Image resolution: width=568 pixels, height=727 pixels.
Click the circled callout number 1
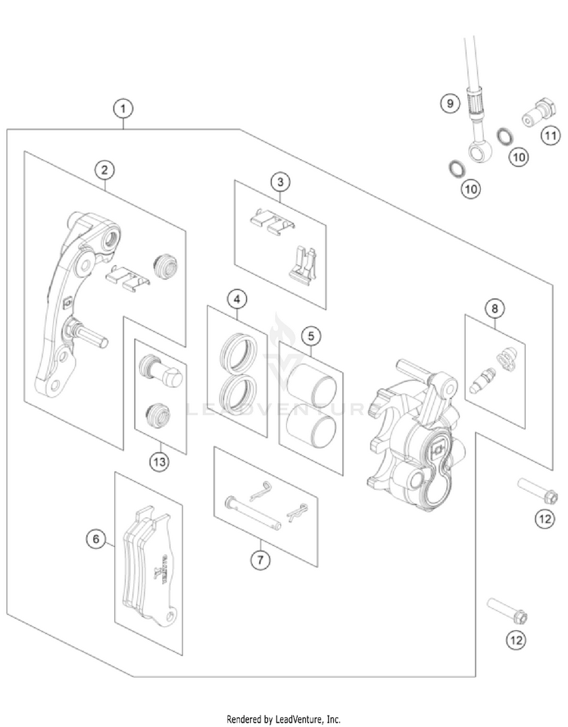[x=122, y=108]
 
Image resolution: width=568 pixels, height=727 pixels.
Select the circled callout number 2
[x=105, y=169]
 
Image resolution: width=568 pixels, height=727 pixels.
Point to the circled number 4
[x=237, y=299]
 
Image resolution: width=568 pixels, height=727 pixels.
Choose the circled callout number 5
[x=310, y=334]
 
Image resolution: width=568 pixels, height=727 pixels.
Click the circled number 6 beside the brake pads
[x=95, y=539]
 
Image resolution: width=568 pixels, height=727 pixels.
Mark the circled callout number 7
[x=260, y=559]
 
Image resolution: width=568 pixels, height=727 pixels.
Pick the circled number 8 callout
[x=494, y=308]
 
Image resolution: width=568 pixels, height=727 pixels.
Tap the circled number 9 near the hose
[x=450, y=103]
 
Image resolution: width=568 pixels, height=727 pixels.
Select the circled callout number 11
[x=550, y=136]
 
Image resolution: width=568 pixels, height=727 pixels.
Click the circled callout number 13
[x=158, y=461]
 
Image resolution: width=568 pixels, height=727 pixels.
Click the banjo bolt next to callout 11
[x=532, y=116]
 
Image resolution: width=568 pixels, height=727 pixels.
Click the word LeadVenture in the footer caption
[x=298, y=718]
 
